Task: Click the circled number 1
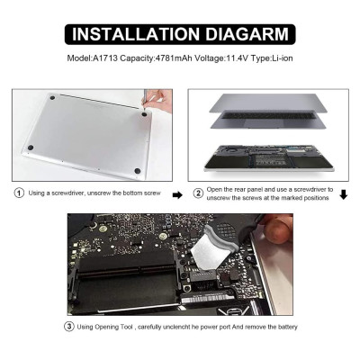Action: pos(19,193)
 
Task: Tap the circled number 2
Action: pos(198,193)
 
